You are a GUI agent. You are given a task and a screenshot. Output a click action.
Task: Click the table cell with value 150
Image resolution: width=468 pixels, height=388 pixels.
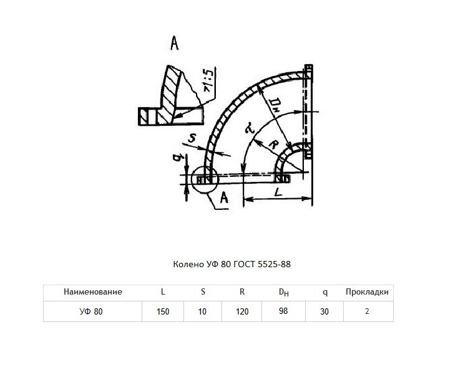(163, 311)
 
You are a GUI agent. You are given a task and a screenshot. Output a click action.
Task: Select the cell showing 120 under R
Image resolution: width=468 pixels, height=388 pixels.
(242, 311)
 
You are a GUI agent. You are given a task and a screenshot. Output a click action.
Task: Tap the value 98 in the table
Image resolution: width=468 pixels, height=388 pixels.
(283, 311)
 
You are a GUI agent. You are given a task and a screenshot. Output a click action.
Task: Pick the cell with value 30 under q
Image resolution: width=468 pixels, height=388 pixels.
(324, 311)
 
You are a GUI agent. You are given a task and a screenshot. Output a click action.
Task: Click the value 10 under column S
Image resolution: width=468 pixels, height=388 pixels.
(202, 311)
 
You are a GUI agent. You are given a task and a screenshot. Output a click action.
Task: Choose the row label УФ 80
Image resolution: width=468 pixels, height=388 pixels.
(91, 311)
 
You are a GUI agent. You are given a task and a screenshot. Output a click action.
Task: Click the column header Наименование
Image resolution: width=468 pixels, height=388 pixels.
(93, 291)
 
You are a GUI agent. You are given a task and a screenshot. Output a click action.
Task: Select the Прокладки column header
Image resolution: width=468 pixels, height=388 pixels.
(367, 291)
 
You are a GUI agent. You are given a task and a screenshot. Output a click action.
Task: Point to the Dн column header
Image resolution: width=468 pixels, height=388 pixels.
(283, 292)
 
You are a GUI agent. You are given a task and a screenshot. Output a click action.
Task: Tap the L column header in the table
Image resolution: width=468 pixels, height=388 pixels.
(163, 291)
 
